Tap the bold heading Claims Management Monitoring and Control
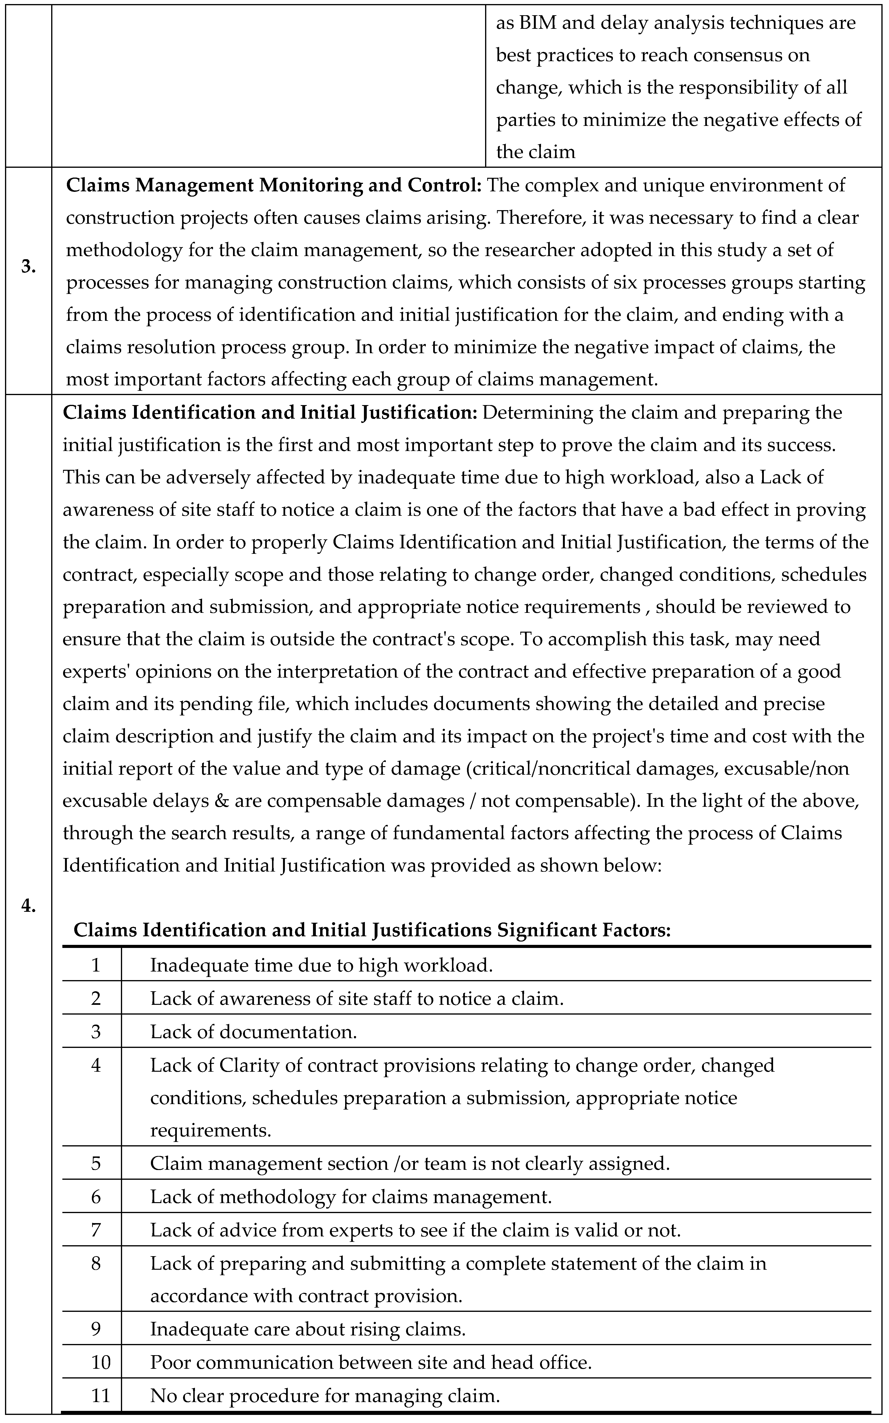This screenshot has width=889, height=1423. pos(273,185)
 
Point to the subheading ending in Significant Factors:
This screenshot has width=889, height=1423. pos(372,930)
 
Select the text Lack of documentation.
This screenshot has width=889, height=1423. pos(253,1031)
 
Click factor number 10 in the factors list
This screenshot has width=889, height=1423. pos(100,1362)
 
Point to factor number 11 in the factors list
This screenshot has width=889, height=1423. pos(100,1395)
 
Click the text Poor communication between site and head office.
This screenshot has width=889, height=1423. pos(370,1362)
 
